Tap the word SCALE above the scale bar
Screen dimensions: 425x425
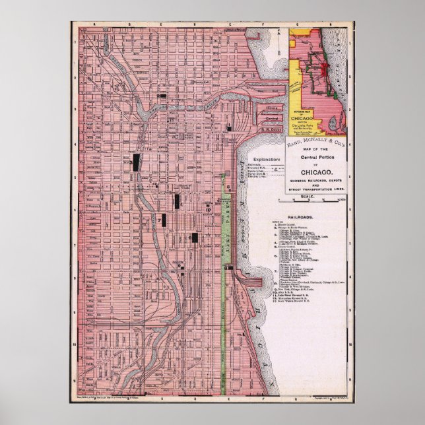click(x=308, y=197)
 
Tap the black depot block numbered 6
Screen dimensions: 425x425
click(x=195, y=237)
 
